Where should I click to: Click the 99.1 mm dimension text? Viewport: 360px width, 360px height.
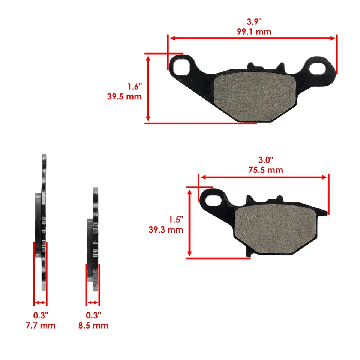(x=254, y=32)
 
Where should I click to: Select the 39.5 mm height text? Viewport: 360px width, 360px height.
(x=124, y=96)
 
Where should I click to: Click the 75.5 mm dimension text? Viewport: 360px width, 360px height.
(x=265, y=170)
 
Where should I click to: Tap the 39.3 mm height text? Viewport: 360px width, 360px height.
(x=166, y=229)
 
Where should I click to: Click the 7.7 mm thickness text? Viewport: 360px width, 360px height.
(x=40, y=325)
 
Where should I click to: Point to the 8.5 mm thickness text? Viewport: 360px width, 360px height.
(x=93, y=325)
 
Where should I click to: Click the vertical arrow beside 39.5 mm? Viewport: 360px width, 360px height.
(x=148, y=88)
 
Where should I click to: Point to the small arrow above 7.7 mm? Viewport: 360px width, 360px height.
(x=40, y=303)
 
